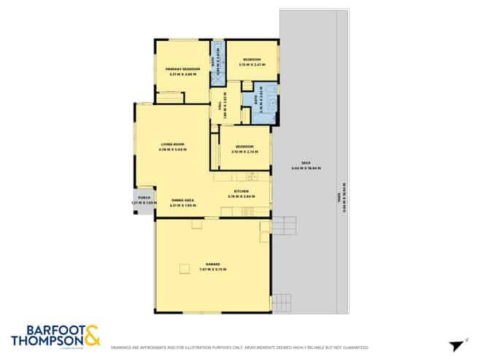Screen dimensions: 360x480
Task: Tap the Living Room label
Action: tap(173, 145)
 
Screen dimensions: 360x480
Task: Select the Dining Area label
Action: tap(182, 199)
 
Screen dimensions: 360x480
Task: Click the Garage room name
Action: tap(212, 264)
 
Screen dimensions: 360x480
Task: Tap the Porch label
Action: tap(144, 197)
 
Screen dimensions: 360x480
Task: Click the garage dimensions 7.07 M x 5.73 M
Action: tap(212, 269)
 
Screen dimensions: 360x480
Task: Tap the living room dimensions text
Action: tap(173, 150)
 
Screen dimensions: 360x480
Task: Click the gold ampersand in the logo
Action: tap(92, 336)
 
